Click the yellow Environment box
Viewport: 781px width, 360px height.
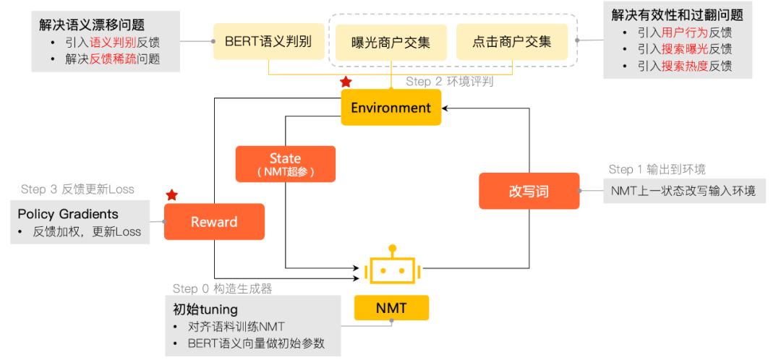390,108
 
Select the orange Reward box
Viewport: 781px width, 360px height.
214,222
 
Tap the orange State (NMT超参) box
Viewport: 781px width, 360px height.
285,164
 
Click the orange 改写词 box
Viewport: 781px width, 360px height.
529,192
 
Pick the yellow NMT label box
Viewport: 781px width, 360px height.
391,309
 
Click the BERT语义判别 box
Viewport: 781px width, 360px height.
268,41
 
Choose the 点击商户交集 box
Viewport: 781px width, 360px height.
512,42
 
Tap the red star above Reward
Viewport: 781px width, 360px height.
171,195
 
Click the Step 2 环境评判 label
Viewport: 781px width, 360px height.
450,82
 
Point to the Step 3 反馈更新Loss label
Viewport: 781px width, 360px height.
77,189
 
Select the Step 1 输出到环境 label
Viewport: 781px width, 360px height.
657,169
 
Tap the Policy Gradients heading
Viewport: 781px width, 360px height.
68,214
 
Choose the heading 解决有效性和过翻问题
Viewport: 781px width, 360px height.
677,14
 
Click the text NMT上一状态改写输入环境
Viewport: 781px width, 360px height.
683,191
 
